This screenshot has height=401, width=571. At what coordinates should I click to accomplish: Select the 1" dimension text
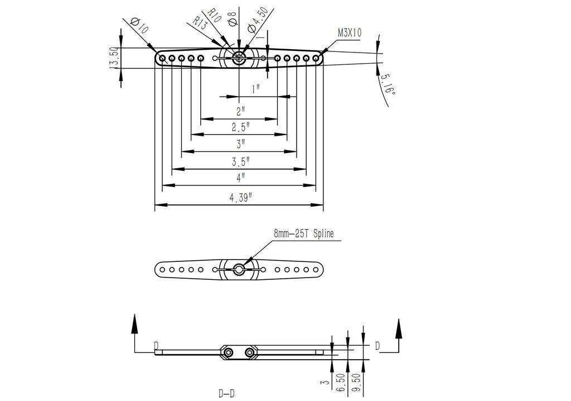pos(256,89)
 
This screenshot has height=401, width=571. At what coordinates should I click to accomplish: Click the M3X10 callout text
pos(349,33)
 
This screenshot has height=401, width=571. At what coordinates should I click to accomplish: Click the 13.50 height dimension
pos(114,58)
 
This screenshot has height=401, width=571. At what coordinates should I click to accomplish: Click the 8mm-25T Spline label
pos(303,234)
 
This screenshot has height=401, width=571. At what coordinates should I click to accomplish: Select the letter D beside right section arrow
pos(378,347)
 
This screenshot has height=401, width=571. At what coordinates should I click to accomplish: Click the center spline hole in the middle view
pos(239,270)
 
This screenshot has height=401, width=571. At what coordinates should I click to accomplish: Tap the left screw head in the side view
pos(229,352)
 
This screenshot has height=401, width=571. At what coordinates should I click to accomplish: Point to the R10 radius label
pos(214,16)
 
